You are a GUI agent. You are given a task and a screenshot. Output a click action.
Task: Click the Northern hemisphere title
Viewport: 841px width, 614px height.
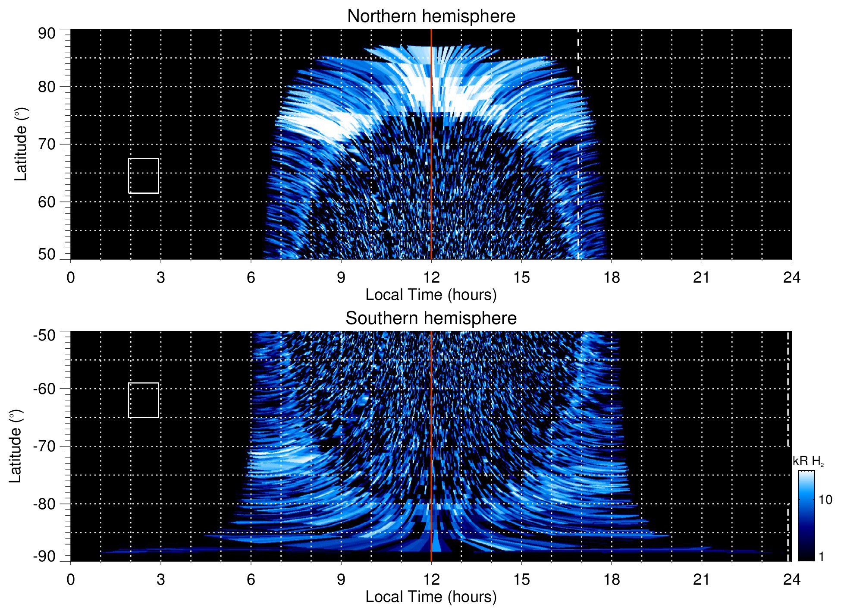click(x=431, y=16)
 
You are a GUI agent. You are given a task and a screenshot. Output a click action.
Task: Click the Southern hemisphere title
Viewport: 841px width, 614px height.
click(x=431, y=318)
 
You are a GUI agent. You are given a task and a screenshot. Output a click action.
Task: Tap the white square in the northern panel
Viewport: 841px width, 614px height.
click(x=144, y=176)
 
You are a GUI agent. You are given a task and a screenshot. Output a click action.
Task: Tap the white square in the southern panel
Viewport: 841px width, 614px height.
click(x=144, y=400)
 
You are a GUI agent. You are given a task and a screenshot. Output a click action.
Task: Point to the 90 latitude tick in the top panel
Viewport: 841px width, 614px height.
click(x=47, y=34)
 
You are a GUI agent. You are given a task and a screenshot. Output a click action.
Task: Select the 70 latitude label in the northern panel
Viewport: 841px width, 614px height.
click(x=47, y=144)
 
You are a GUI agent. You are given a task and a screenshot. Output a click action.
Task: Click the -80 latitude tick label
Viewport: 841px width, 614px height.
click(x=44, y=504)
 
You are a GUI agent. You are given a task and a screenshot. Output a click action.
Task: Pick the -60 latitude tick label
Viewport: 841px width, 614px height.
click(x=44, y=388)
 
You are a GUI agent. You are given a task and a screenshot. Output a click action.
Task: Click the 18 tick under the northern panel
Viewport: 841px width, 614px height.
click(x=612, y=277)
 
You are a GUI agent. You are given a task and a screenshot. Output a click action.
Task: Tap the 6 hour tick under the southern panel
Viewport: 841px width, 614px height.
click(x=251, y=579)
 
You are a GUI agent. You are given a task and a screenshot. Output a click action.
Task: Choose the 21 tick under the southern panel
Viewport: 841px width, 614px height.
click(x=702, y=579)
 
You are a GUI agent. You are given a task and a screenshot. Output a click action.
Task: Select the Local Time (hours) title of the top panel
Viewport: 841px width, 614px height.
click(x=431, y=295)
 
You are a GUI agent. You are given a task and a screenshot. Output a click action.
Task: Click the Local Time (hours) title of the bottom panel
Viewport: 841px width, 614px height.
click(x=431, y=597)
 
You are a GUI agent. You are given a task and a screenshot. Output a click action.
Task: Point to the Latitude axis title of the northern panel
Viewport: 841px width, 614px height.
click(x=21, y=144)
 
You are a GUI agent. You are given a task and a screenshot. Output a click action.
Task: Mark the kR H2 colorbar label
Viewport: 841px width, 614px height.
click(x=808, y=461)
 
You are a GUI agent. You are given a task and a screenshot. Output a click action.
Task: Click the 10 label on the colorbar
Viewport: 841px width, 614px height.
click(x=825, y=500)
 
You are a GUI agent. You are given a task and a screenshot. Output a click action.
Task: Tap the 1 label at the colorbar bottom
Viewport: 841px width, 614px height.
click(x=821, y=557)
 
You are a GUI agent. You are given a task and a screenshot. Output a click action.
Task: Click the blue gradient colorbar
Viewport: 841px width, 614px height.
click(x=806, y=516)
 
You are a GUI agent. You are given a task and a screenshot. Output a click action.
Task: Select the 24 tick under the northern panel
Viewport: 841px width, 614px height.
click(x=792, y=277)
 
